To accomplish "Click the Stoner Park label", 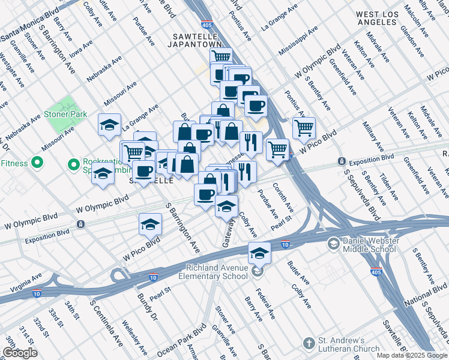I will coord(65,114).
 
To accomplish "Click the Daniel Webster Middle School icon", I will coord(333,244).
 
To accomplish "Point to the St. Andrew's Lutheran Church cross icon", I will coord(309,344).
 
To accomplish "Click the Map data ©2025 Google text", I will coord(412,355).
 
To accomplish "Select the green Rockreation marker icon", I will coord(74,163).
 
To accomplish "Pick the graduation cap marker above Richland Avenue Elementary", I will coord(259,253).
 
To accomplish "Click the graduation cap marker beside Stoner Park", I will coord(109,125).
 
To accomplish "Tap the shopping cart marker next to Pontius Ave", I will coord(304,127).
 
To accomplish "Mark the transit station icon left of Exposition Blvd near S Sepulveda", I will coord(341,161).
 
